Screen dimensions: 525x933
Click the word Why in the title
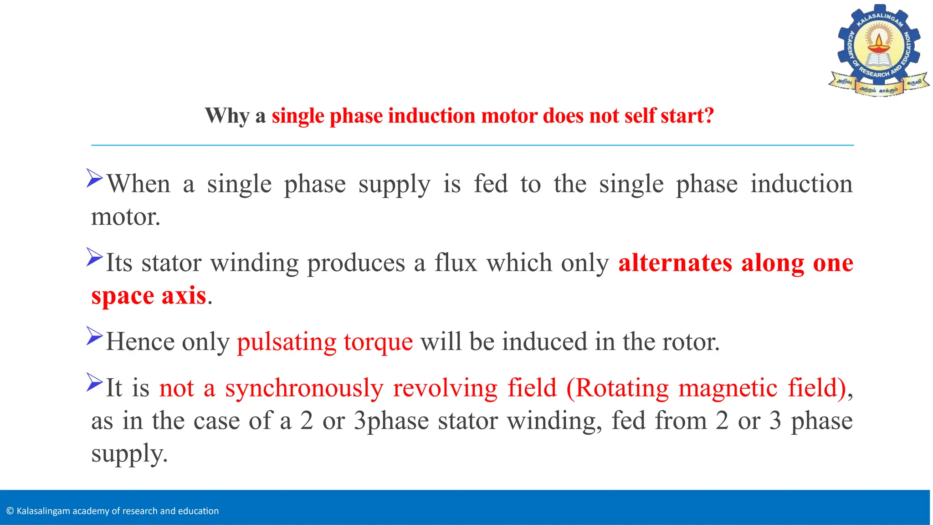coord(227,116)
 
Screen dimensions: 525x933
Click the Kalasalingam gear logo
coord(879,50)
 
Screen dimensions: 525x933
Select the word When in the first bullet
coord(138,184)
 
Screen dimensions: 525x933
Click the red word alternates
coord(675,263)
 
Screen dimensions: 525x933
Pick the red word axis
coord(184,296)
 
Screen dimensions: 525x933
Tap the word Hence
coord(139,342)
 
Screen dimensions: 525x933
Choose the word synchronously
coord(304,389)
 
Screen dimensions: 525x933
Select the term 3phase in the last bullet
coord(391,421)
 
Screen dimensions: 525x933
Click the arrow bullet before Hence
coord(95,336)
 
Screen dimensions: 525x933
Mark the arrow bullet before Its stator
coord(95,257)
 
